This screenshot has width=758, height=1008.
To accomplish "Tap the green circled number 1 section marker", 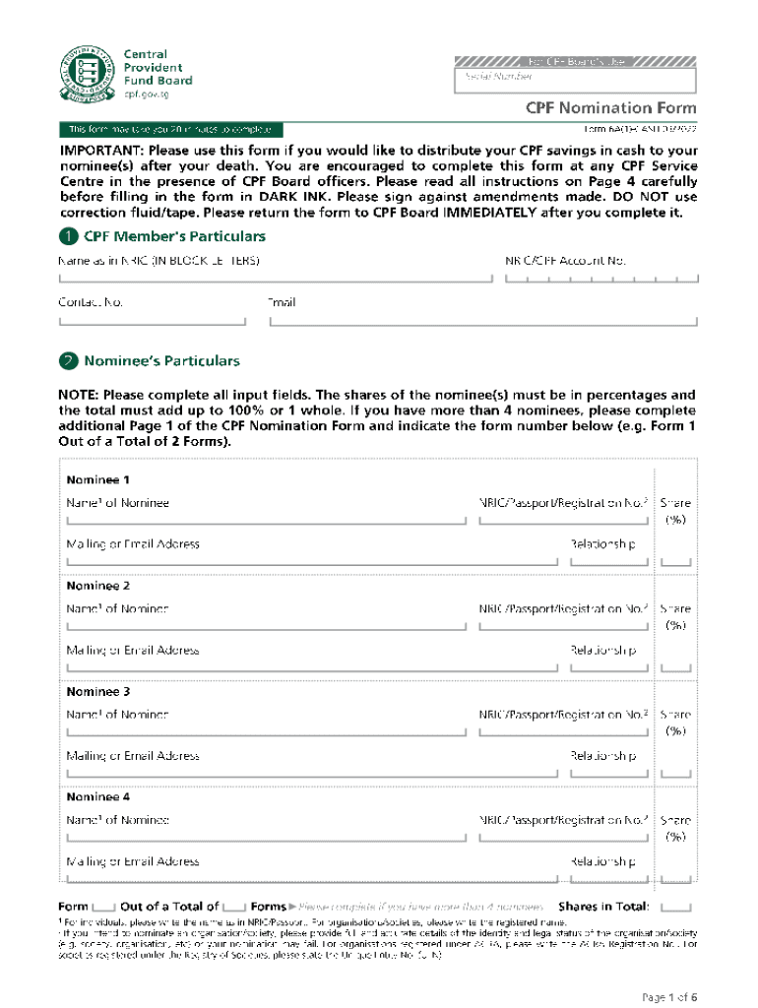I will click(67, 237).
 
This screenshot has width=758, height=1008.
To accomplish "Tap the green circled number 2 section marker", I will click(67, 361).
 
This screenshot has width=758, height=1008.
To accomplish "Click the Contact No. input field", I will click(152, 320).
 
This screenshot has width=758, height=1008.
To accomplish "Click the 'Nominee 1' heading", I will click(97, 480).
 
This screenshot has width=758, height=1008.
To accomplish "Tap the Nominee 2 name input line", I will click(266, 625).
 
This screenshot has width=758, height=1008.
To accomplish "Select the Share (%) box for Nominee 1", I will click(675, 561).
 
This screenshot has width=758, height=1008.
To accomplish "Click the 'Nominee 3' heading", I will click(97, 692).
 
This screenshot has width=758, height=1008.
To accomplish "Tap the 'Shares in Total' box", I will click(675, 907).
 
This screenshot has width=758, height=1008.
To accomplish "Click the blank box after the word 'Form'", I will click(103, 907).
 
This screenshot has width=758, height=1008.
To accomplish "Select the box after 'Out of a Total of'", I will click(234, 907).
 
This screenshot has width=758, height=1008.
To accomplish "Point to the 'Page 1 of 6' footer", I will click(669, 996).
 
